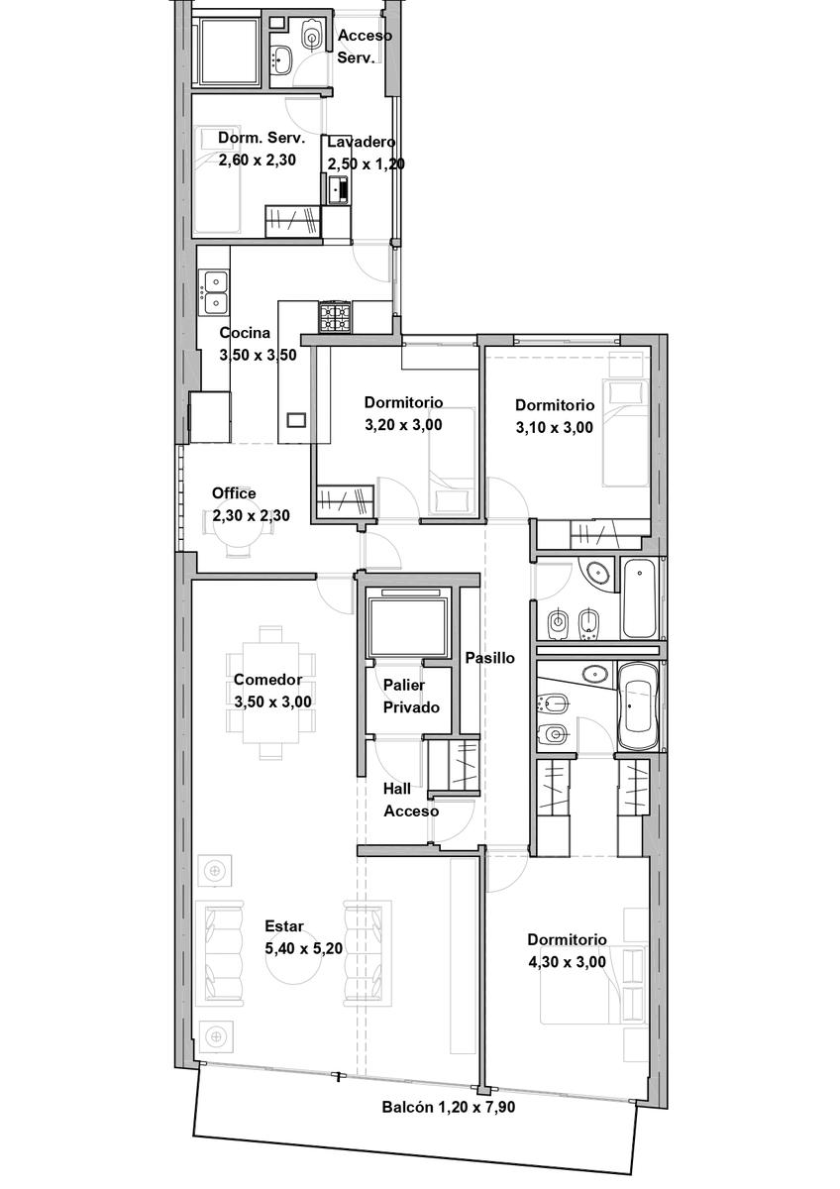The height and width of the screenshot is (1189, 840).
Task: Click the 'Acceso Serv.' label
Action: pos(366,47)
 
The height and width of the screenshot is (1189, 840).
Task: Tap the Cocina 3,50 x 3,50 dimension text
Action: pos(258,355)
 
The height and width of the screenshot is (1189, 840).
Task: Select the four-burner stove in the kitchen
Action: pos(334,316)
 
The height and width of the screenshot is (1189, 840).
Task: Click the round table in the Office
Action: pos(236,532)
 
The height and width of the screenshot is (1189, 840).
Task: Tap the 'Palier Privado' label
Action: pos(411,696)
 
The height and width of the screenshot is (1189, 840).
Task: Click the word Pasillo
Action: pos(489,658)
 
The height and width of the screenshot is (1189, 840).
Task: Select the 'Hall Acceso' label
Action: pos(411,800)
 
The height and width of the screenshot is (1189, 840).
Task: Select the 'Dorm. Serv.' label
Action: pos(262,138)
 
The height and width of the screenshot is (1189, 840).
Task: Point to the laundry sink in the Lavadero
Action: pos(338,190)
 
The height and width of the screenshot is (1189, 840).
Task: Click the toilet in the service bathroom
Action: pos(312,36)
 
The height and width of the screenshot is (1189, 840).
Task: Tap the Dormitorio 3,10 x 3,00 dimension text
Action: pos(554,427)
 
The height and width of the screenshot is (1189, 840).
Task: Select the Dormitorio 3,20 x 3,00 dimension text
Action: pos(403,425)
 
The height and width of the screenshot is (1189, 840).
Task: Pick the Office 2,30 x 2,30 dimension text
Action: pos(251,515)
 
